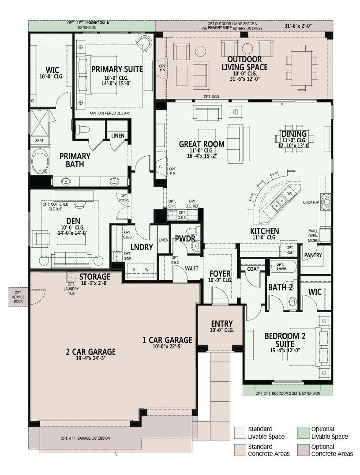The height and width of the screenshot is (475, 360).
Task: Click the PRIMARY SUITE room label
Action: click(x=117, y=69)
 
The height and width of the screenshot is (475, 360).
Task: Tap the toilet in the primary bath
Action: click(x=82, y=129)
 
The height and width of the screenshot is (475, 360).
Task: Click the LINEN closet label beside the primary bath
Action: click(x=118, y=136)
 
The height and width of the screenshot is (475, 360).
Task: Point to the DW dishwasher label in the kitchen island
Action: click(x=289, y=194)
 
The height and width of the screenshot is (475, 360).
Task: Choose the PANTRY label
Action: click(x=313, y=255)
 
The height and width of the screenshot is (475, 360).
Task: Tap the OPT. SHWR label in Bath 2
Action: click(x=281, y=267)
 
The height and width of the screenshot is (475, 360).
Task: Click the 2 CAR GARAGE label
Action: click(x=91, y=352)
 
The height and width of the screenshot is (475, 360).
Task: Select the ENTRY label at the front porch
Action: click(x=222, y=324)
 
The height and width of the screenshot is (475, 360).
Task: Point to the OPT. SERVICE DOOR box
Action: click(x=19, y=297)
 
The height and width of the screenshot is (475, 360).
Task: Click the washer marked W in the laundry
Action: click(x=146, y=270)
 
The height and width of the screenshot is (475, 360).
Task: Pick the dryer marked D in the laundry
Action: click(x=134, y=270)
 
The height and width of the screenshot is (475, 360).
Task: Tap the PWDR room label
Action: click(x=185, y=239)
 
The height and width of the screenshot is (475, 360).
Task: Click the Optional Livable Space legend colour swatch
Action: click(x=303, y=433)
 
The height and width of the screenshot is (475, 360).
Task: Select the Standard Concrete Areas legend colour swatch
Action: click(x=240, y=450)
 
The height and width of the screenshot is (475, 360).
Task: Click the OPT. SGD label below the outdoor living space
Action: click(x=211, y=97)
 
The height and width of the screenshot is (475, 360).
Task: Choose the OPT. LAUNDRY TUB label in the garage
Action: click(x=71, y=289)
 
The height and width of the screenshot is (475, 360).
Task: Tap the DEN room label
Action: click(x=73, y=221)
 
